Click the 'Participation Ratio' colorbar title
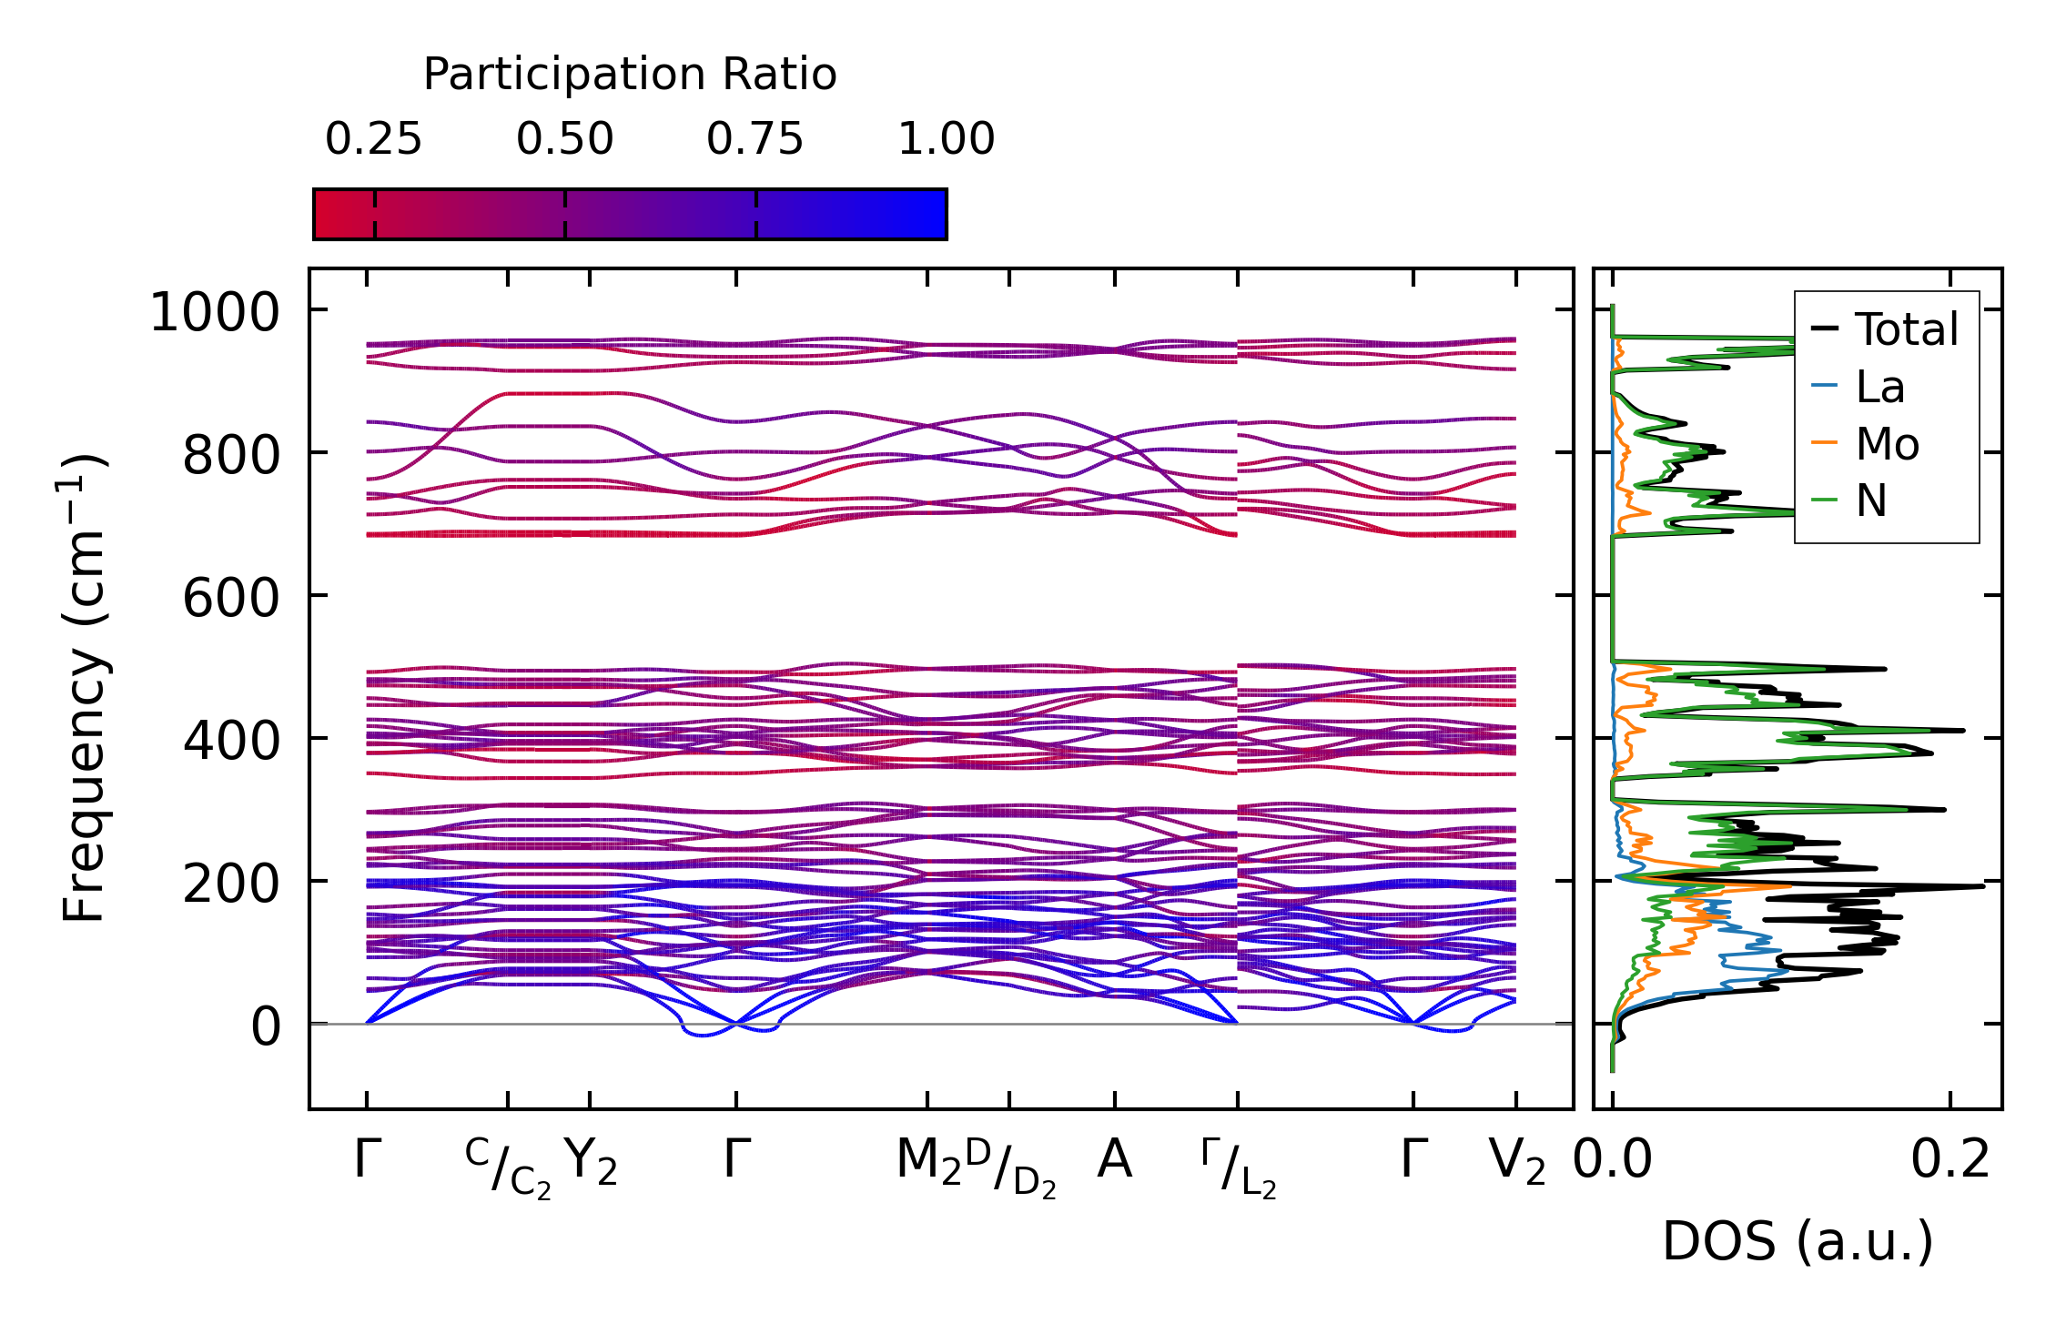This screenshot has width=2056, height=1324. [630, 75]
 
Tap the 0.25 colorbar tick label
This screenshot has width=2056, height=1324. [373, 139]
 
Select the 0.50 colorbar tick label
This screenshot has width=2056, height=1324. [564, 139]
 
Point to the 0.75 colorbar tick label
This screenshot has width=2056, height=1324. [755, 139]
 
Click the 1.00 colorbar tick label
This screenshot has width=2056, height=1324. [947, 139]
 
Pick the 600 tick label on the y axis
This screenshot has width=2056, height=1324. [231, 599]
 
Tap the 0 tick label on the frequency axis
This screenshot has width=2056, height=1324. [266, 1027]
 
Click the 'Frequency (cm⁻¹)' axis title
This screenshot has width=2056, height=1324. [85, 687]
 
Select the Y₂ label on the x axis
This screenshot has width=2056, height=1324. [591, 1162]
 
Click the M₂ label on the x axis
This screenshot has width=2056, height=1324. [928, 1162]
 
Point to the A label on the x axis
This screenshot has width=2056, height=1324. [1115, 1160]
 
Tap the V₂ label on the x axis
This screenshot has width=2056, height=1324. [1517, 1162]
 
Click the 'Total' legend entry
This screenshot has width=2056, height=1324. [1906, 329]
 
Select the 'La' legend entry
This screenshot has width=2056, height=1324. [1879, 388]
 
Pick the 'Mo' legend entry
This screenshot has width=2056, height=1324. [1887, 445]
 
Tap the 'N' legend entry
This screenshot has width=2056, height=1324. [1871, 501]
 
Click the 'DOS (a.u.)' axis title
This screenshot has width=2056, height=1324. [1798, 1242]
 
